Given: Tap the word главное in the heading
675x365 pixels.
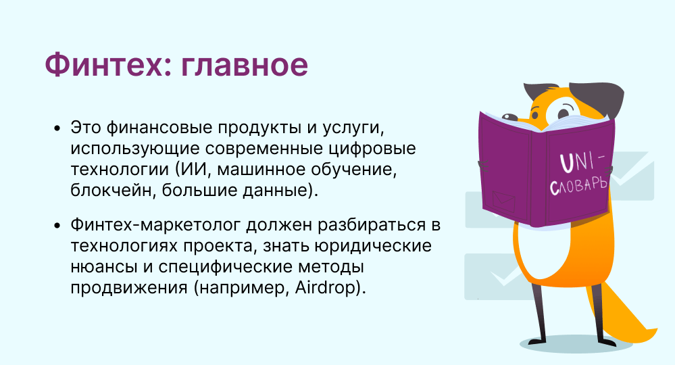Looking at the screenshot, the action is click(x=244, y=66).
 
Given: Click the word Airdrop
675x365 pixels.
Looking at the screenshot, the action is click(x=327, y=287).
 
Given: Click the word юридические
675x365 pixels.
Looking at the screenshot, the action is click(x=373, y=246).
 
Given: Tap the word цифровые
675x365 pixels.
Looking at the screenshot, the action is click(x=372, y=149).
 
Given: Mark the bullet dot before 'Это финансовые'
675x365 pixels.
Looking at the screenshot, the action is click(x=57, y=128).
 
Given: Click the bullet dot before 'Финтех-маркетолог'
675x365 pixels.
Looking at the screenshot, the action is click(x=57, y=226).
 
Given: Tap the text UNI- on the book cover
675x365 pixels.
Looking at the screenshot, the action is click(x=582, y=162).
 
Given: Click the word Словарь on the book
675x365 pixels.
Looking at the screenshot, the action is click(x=578, y=186).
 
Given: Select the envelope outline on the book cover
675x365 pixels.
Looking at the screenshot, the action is click(x=503, y=200).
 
